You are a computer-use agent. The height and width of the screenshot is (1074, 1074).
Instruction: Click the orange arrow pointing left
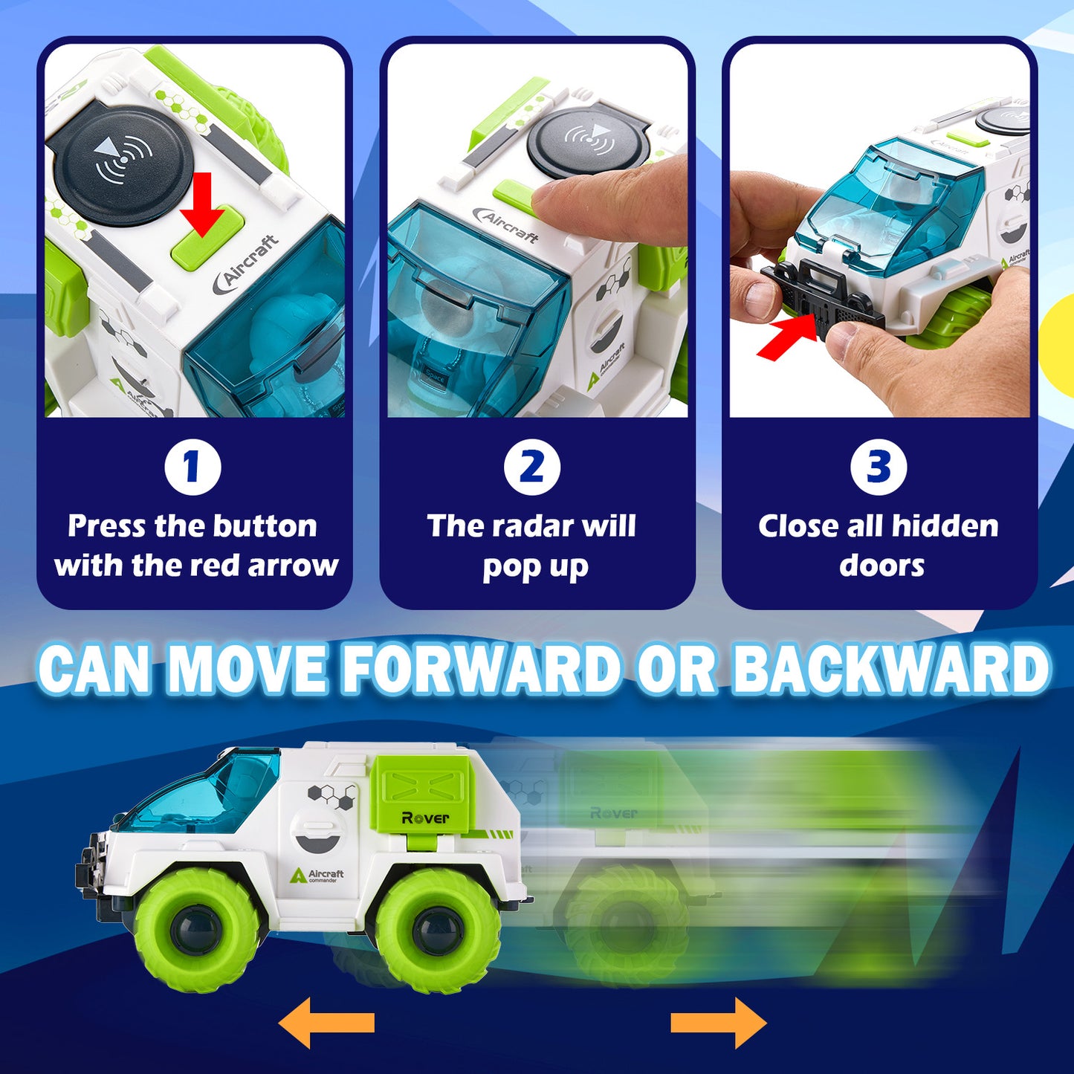[326, 1023]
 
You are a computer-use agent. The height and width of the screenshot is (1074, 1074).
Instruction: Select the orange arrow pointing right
[719, 1023]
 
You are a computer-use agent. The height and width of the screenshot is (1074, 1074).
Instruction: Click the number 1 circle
[193, 467]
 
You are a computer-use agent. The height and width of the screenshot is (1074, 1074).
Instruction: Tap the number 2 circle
[531, 467]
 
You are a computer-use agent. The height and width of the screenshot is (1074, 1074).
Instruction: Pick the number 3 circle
[879, 467]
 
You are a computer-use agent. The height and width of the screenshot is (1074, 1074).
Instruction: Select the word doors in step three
[881, 566]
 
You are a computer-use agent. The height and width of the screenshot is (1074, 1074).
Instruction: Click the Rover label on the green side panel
[425, 818]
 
